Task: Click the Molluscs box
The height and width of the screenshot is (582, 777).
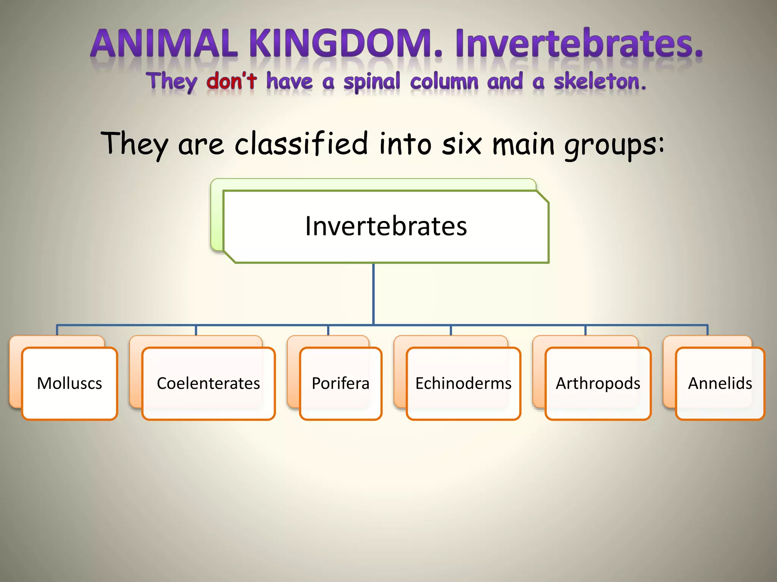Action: [x=69, y=383]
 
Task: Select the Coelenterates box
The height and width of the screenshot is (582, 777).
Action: [x=208, y=383]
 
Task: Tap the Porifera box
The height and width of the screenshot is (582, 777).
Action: [x=340, y=383]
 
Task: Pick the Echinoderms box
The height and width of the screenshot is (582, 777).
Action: [x=463, y=383]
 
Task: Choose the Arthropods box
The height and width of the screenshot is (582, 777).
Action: [x=598, y=383]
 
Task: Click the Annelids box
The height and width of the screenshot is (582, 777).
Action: [x=720, y=383]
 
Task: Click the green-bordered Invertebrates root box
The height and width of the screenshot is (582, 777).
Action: [x=386, y=226]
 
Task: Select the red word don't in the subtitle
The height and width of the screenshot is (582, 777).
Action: [x=231, y=81]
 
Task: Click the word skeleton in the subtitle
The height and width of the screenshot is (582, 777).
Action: [x=599, y=81]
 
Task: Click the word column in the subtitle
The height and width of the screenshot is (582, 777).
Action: [x=444, y=81]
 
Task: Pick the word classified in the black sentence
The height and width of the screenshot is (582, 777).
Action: [x=301, y=144]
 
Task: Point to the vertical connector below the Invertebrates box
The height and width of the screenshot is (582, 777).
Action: [x=373, y=294]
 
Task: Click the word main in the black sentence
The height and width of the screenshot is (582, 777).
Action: [x=524, y=144]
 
